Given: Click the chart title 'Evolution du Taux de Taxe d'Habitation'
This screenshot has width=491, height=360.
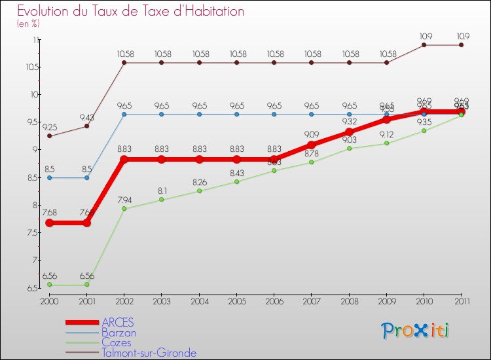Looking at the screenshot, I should point(131,11).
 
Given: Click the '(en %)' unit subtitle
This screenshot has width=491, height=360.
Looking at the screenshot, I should point(28,24).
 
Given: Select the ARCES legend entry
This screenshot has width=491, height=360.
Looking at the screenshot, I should point(118,322).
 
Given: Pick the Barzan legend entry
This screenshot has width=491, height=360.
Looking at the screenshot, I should point(118,333).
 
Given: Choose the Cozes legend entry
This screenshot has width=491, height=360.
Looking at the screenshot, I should point(116,342).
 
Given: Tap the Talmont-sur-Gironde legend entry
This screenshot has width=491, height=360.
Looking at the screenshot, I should point(149,353).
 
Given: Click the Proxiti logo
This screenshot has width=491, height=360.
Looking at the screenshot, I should point(416,331).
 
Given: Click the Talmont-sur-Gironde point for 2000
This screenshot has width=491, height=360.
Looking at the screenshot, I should point(49,136).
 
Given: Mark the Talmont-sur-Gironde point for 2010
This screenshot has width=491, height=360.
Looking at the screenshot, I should point(424,45).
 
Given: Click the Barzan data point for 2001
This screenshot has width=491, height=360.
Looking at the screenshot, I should point(86,177).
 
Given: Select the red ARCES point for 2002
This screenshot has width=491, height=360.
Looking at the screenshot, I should point(124,159).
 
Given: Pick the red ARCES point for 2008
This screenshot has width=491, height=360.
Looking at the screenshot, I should point(349,132).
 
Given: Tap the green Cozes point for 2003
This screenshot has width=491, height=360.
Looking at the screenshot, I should point(162,200).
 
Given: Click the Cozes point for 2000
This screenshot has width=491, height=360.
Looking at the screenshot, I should point(49,285).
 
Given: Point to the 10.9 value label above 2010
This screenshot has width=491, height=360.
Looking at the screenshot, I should point(424,35).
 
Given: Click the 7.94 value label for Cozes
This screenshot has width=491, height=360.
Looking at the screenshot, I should point(124,199).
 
